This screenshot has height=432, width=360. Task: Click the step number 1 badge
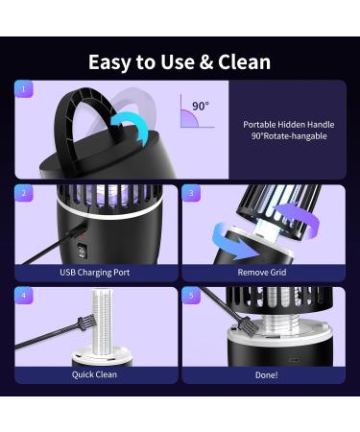[x=25, y=89]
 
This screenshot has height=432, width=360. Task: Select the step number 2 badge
[x=25, y=193]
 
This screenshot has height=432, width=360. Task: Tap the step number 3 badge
[x=191, y=193]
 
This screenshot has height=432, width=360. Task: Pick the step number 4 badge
[x=25, y=296]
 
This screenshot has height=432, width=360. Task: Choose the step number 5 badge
[x=191, y=296]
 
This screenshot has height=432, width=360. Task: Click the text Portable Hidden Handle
[x=287, y=124]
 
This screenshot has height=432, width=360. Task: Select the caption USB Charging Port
[x=96, y=273]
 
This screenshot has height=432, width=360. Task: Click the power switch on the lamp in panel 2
[x=83, y=252]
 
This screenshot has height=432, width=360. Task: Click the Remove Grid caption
[x=263, y=273]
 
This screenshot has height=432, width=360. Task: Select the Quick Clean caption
[x=96, y=374]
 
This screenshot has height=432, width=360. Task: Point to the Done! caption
[x=263, y=374]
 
